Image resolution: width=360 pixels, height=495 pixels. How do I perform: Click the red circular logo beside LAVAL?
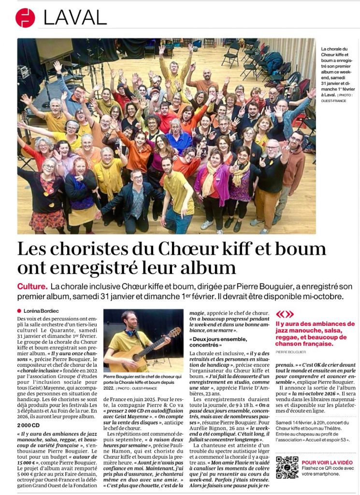point(25,18)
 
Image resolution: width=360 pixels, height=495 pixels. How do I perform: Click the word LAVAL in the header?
point(75,18)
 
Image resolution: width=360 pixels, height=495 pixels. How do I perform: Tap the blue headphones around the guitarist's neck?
point(131,333)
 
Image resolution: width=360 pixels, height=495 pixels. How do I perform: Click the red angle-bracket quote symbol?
point(284,314)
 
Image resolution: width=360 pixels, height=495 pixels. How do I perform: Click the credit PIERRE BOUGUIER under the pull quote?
point(291,352)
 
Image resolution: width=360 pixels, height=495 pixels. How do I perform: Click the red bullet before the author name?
point(19,311)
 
